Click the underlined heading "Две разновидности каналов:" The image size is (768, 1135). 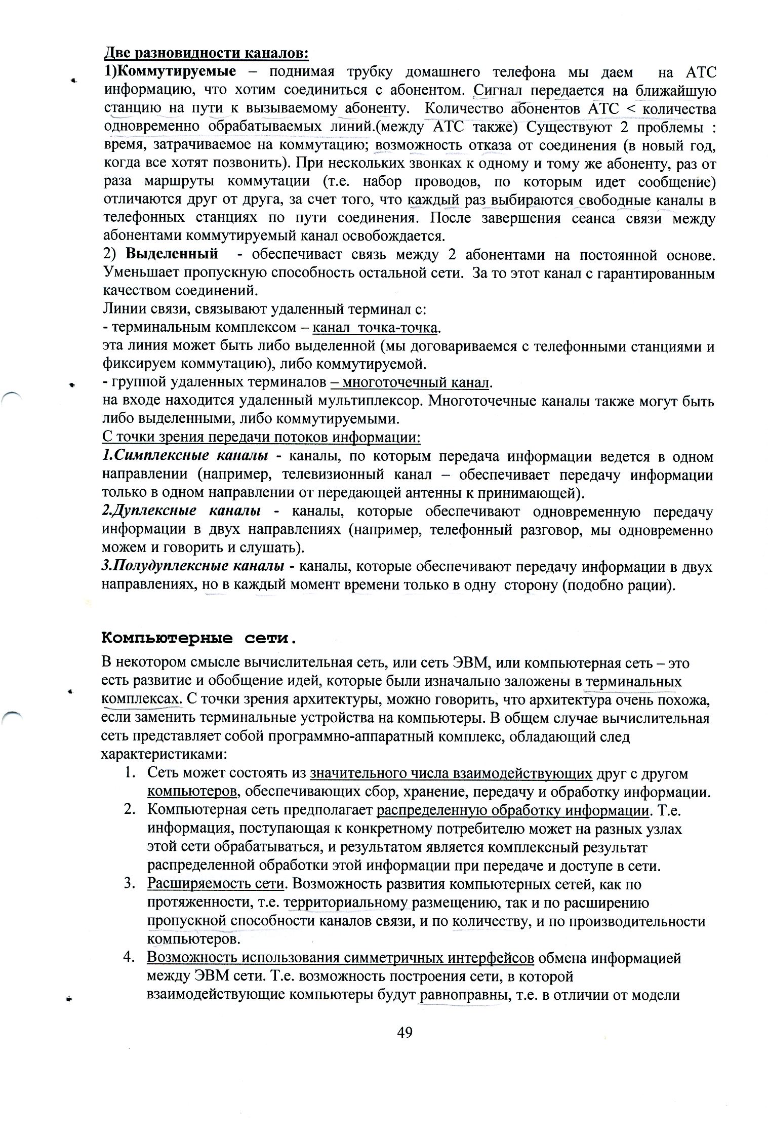coord(206,53)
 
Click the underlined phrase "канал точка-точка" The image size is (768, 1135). coord(375,328)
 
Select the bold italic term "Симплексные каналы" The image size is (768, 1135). coord(185,456)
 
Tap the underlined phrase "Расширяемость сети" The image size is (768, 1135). coord(215,884)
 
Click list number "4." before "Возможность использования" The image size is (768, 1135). coord(130,958)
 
